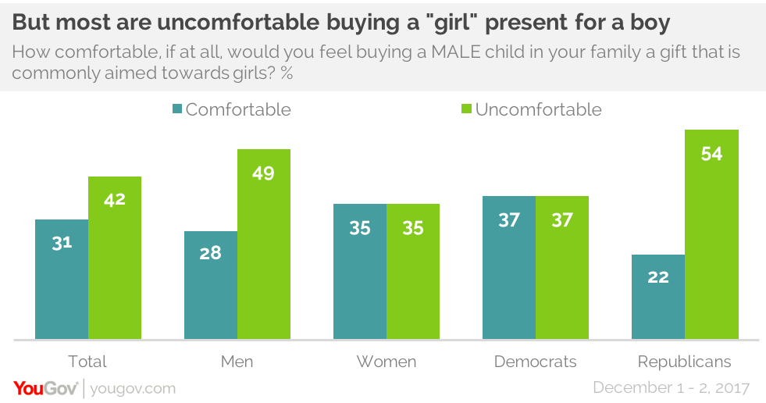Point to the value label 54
(711, 154)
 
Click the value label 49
(264, 173)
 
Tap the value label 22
(658, 277)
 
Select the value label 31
(62, 243)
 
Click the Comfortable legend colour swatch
(177, 109)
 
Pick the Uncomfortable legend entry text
(538, 109)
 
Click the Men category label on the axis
(237, 362)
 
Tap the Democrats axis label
(536, 362)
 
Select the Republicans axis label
(685, 362)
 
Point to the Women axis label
(387, 362)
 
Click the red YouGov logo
(45, 388)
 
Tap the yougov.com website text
(133, 388)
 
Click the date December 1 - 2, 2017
(672, 388)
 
